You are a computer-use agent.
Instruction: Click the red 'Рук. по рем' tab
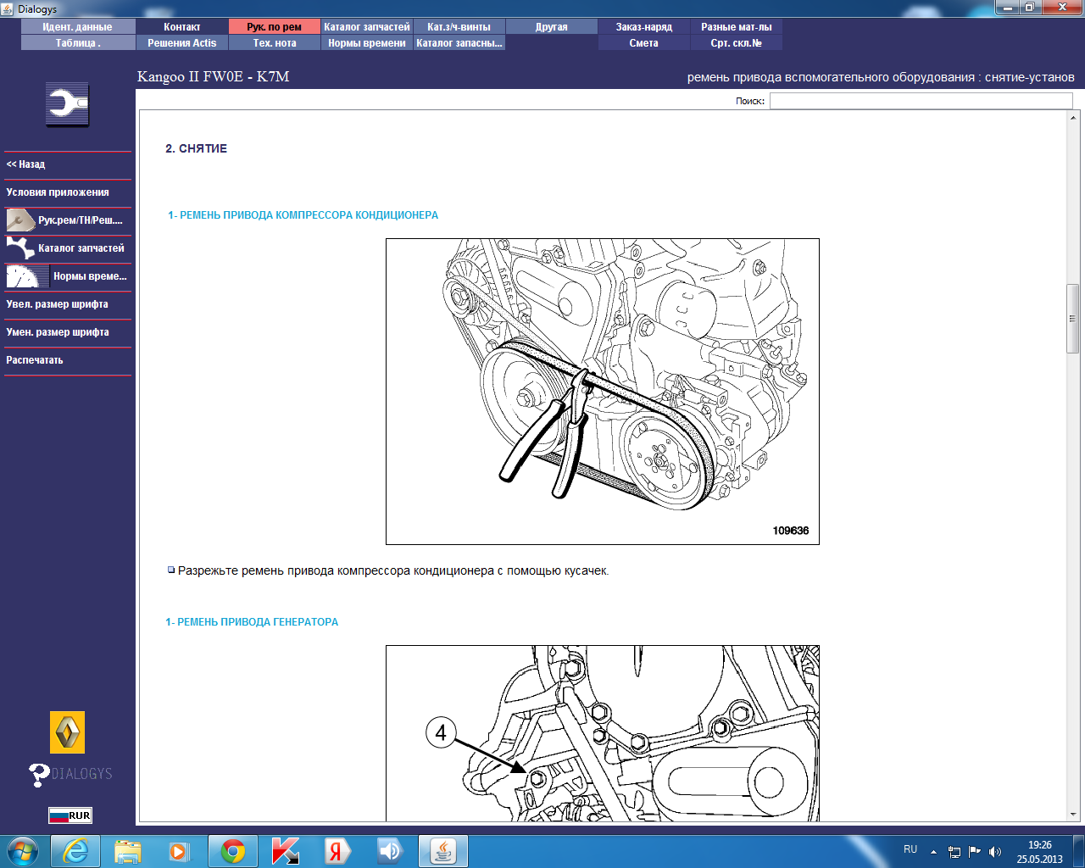(x=275, y=27)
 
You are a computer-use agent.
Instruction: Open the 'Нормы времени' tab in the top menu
(x=366, y=43)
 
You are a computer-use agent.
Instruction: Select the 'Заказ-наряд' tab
(x=643, y=27)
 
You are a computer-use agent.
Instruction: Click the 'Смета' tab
(x=643, y=43)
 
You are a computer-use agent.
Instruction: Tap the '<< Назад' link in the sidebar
(x=25, y=164)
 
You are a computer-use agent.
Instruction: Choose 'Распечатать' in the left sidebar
(x=34, y=360)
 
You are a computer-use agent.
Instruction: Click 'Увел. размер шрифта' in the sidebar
(x=57, y=304)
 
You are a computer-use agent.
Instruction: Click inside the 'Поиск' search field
(x=921, y=101)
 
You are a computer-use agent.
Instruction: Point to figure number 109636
(x=790, y=530)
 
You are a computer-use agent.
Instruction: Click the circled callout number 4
(x=441, y=732)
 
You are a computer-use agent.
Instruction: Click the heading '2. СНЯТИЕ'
(x=196, y=148)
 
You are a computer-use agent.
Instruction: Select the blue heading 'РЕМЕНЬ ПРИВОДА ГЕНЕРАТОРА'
(x=258, y=622)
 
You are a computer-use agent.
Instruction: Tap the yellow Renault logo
(x=68, y=732)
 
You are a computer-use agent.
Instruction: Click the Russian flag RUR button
(x=70, y=815)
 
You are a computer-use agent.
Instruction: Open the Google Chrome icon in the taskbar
(x=232, y=851)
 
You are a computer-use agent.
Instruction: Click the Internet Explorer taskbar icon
(x=75, y=851)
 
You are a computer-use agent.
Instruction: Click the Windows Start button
(x=22, y=852)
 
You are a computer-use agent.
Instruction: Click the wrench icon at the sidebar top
(x=67, y=104)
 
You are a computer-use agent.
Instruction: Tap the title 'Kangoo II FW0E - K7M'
(x=214, y=76)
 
